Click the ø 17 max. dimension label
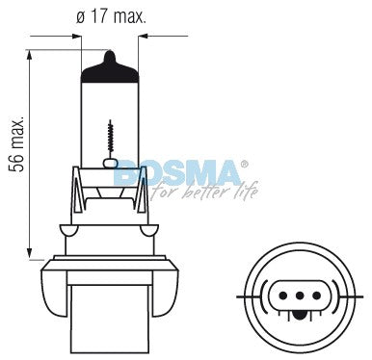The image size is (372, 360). pos(111,17)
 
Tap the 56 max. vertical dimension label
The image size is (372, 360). pos(16,143)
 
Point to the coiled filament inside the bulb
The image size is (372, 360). pos(111,137)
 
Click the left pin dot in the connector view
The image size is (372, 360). pos(282,296)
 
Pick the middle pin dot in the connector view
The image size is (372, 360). pos(300,296)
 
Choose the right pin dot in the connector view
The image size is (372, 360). pos(317,296)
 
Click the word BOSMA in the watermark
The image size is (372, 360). pos(177,173)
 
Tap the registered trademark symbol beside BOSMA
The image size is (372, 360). pos(245,165)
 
